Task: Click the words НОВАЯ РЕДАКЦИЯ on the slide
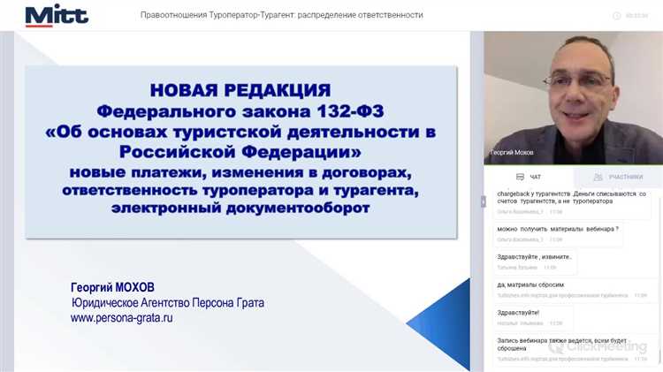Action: [240, 89]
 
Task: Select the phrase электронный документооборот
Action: [240, 209]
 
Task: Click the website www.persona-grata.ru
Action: [122, 317]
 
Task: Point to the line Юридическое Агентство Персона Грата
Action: [168, 303]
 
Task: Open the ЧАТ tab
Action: [530, 177]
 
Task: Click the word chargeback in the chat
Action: [519, 193]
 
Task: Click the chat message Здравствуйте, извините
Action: [535, 256]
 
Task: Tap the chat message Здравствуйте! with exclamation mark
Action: [518, 312]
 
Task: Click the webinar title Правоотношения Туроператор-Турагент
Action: [281, 15]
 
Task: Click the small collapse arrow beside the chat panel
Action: [483, 201]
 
